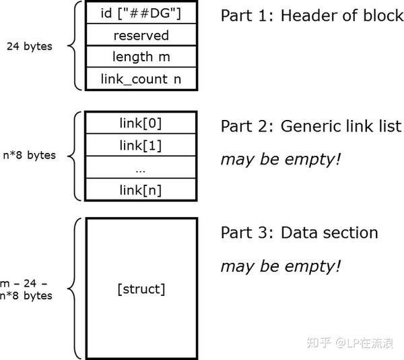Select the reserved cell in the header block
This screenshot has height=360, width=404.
(x=140, y=36)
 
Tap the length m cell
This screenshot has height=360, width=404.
(x=140, y=57)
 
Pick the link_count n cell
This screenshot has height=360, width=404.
(x=140, y=79)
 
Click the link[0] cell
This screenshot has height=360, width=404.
(x=140, y=123)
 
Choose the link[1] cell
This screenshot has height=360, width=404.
(x=140, y=146)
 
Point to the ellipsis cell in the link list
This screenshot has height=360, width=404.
(x=140, y=168)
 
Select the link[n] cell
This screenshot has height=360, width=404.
(x=140, y=189)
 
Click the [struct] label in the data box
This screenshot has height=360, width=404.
(x=140, y=289)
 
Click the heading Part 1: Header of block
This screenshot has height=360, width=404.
(x=312, y=16)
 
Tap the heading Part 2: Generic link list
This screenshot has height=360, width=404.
(x=310, y=126)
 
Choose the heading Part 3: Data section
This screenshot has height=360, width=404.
(x=299, y=233)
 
